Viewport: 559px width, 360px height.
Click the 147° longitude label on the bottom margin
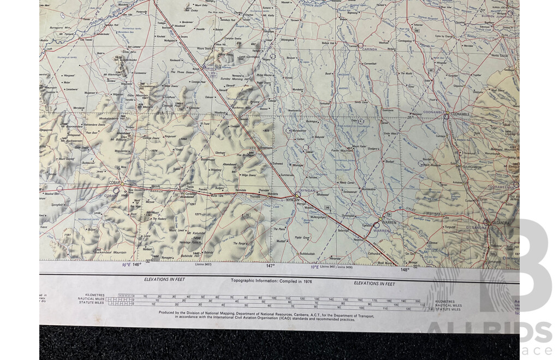pos(270,266)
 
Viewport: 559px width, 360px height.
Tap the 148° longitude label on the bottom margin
pos(405,269)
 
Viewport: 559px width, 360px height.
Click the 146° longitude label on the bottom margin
pos(136,264)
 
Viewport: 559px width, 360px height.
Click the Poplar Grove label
pos(302,238)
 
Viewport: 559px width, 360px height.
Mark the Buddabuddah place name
pos(308,254)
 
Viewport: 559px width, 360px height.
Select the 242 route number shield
pos(247,215)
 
